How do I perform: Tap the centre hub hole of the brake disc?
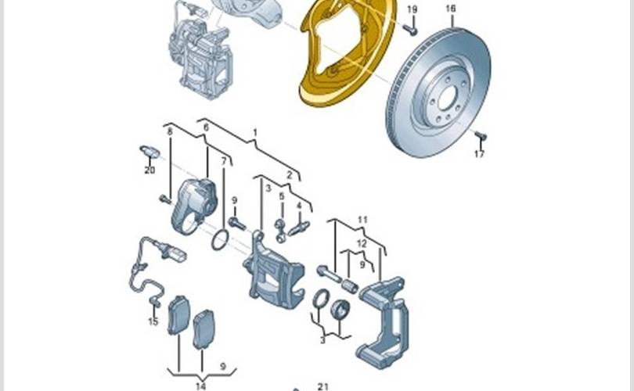[447, 98]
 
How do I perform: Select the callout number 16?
[450, 9]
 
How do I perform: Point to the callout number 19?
[412, 9]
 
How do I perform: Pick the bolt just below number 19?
[410, 29]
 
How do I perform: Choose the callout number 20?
[149, 170]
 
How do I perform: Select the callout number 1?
[254, 132]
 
